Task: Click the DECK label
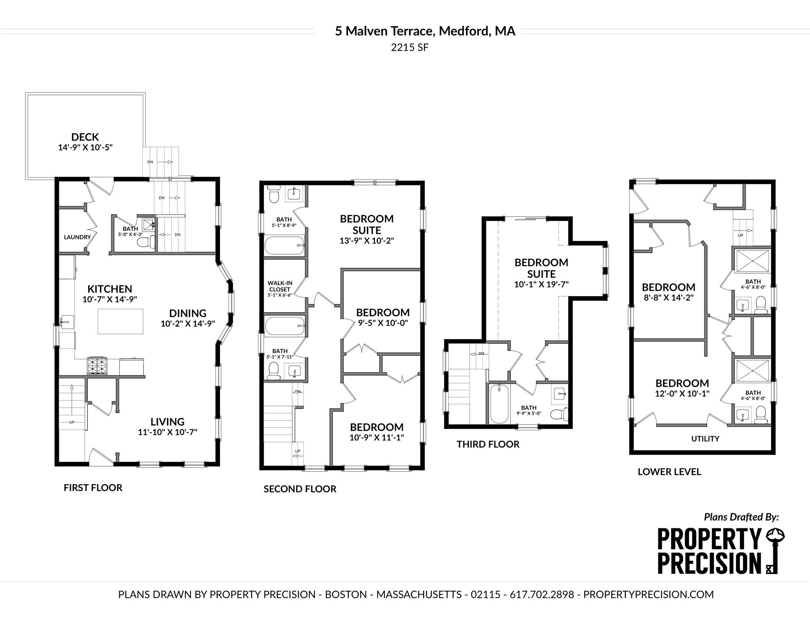pyautogui.click(x=85, y=137)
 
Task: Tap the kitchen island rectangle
pyautogui.click(x=120, y=321)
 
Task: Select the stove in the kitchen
pyautogui.click(x=97, y=366)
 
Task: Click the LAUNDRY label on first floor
pyautogui.click(x=78, y=237)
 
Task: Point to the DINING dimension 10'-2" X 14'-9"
pyautogui.click(x=188, y=324)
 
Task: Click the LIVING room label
pyautogui.click(x=167, y=422)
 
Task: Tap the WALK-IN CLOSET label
pyautogui.click(x=280, y=286)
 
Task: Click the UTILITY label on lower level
pyautogui.click(x=705, y=439)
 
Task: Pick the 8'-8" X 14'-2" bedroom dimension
pyautogui.click(x=668, y=298)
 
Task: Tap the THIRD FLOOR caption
pyautogui.click(x=488, y=444)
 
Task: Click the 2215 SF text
pyautogui.click(x=410, y=47)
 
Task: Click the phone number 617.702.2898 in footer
pyautogui.click(x=542, y=594)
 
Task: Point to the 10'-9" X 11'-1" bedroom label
pyautogui.click(x=377, y=437)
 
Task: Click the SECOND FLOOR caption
pyautogui.click(x=300, y=489)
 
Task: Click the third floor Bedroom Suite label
pyautogui.click(x=541, y=268)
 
